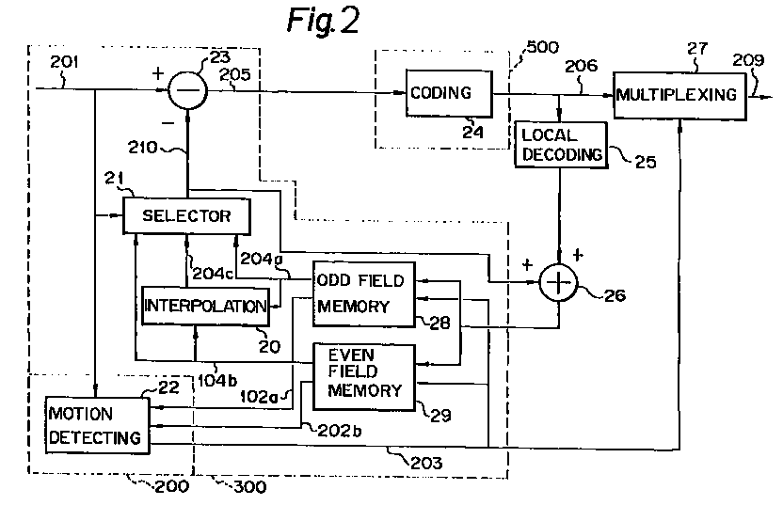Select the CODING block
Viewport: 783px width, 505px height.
tap(449, 92)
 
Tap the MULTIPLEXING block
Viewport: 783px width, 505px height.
tap(676, 95)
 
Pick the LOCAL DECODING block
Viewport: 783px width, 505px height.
tap(561, 145)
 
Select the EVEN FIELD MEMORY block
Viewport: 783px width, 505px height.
tap(362, 375)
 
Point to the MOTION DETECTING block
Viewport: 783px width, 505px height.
tap(97, 425)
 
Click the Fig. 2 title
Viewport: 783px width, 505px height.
tap(320, 21)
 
